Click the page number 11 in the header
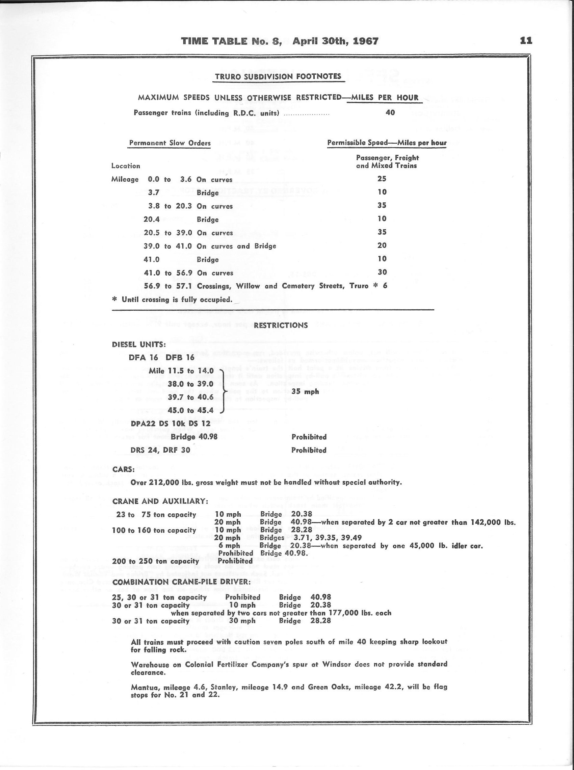click(526, 41)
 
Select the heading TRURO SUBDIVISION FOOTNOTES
click(278, 76)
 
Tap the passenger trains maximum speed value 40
click(390, 112)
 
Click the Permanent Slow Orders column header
click(169, 143)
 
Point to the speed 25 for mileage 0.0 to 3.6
click(382, 179)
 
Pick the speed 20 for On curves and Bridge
click(382, 245)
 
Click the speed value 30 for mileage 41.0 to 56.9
click(382, 272)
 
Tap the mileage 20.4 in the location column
click(152, 219)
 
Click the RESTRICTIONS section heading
click(280, 325)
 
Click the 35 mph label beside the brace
click(305, 392)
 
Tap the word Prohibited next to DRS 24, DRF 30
click(309, 450)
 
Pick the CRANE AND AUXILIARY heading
click(160, 502)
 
